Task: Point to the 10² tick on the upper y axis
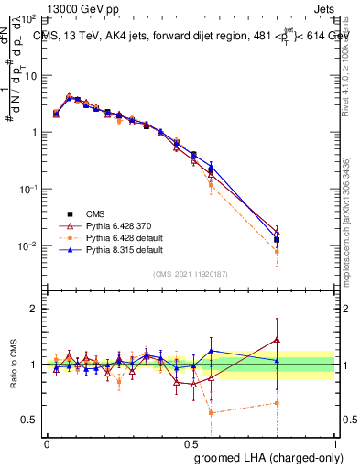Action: click(x=29, y=18)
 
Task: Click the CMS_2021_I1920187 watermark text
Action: click(x=191, y=274)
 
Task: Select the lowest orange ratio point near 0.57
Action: click(x=212, y=412)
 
